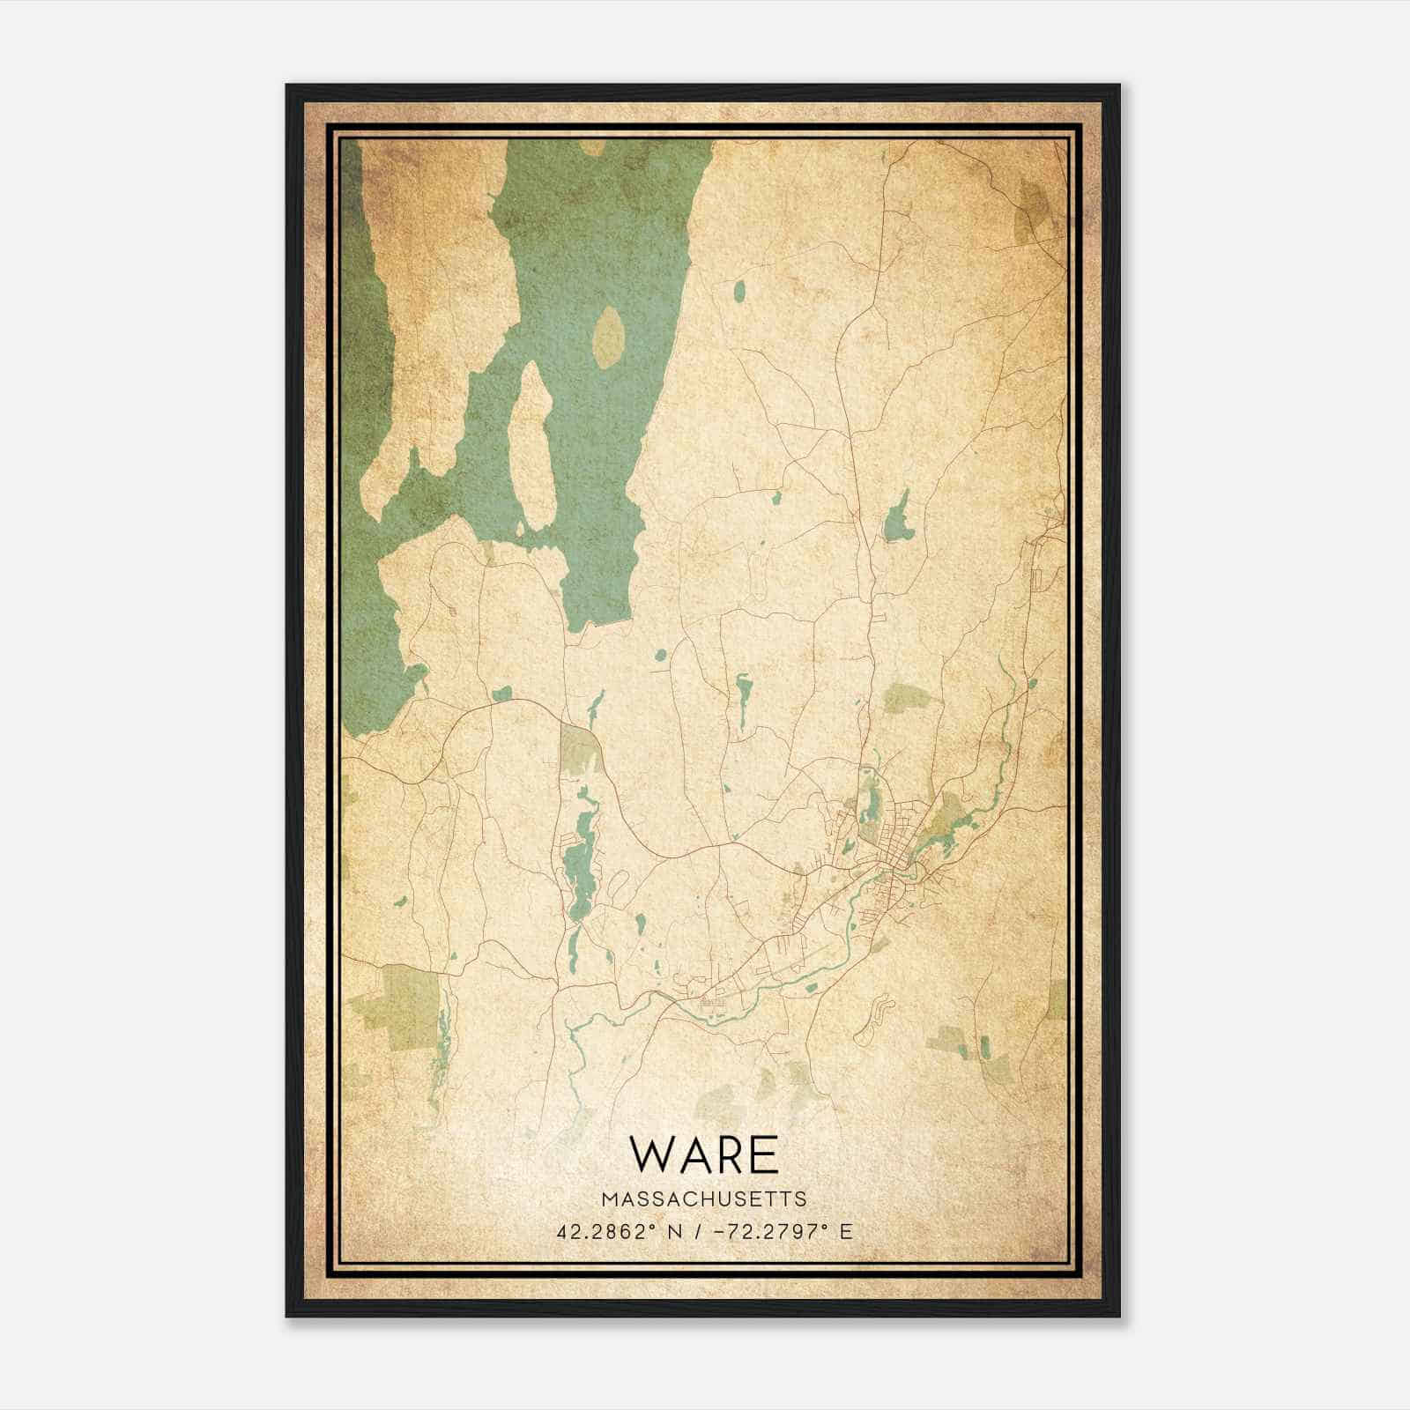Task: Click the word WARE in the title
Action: (x=705, y=1154)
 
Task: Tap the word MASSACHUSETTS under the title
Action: (x=705, y=1198)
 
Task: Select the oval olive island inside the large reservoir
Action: (x=609, y=338)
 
